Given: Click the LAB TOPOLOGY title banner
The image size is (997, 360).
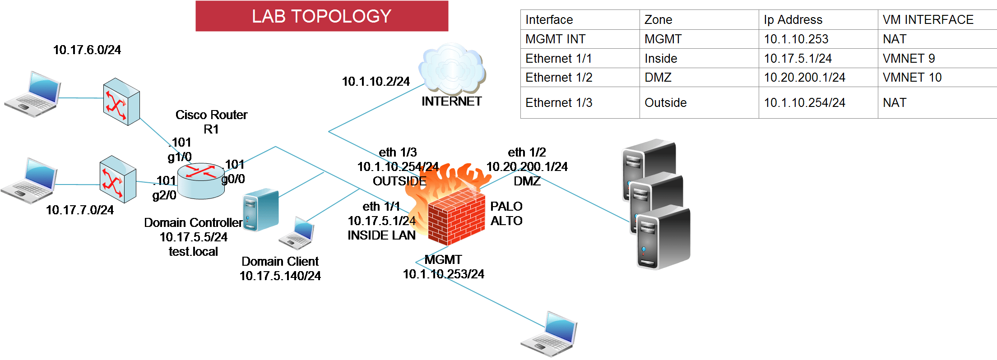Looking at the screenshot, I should click(321, 16).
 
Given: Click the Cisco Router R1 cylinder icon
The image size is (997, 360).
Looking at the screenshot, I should click(201, 180).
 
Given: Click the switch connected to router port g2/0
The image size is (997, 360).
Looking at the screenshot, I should click(118, 179).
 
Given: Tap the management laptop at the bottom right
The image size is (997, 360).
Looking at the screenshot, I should click(549, 334).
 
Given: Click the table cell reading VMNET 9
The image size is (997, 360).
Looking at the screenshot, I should click(909, 59).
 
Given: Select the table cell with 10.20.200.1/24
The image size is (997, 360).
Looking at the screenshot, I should click(804, 78).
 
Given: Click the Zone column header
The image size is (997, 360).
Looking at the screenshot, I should click(658, 20).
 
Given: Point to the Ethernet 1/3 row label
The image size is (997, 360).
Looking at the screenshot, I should click(559, 103).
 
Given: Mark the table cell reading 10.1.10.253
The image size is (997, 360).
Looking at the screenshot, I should click(796, 39).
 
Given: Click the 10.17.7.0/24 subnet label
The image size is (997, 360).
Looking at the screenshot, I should click(80, 210).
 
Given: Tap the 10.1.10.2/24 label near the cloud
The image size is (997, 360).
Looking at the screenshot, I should click(376, 82).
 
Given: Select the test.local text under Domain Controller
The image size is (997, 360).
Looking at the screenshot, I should click(193, 251).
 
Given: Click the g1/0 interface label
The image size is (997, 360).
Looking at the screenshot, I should click(180, 157).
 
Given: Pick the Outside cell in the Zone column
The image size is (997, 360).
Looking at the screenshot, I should click(665, 103).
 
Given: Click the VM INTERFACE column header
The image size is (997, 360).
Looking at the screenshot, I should click(928, 20).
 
